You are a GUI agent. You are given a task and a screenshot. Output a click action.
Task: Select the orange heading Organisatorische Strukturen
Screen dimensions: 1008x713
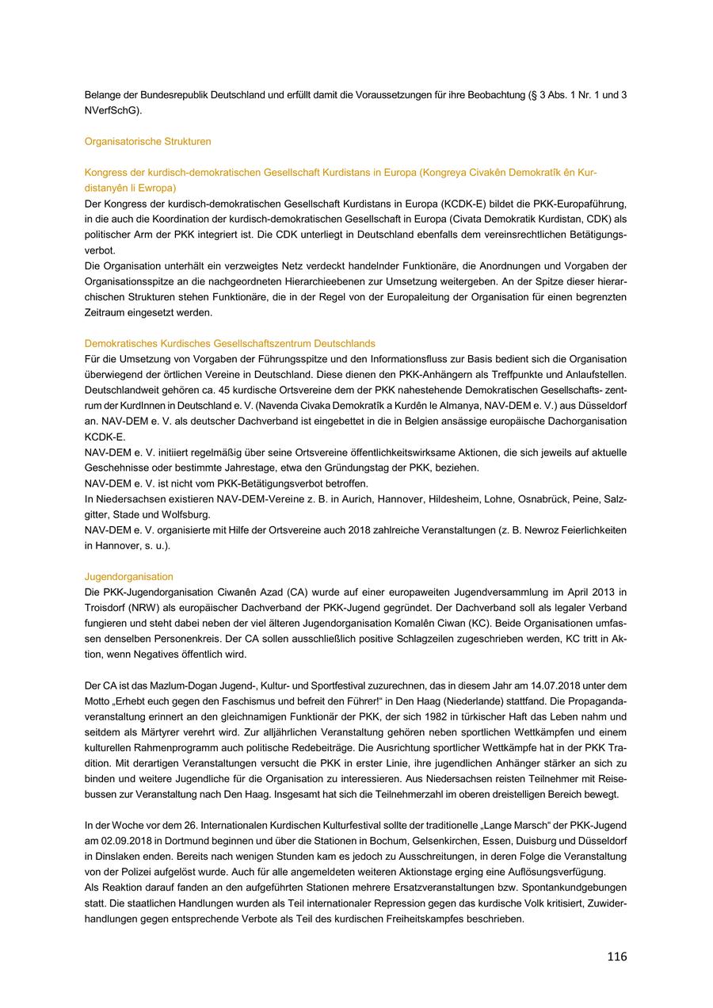click(147, 141)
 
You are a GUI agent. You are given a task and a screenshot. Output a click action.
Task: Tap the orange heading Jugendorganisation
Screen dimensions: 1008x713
click(128, 577)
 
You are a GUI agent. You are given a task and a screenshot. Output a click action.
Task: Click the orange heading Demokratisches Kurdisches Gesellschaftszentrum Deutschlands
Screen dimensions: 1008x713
click(230, 343)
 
